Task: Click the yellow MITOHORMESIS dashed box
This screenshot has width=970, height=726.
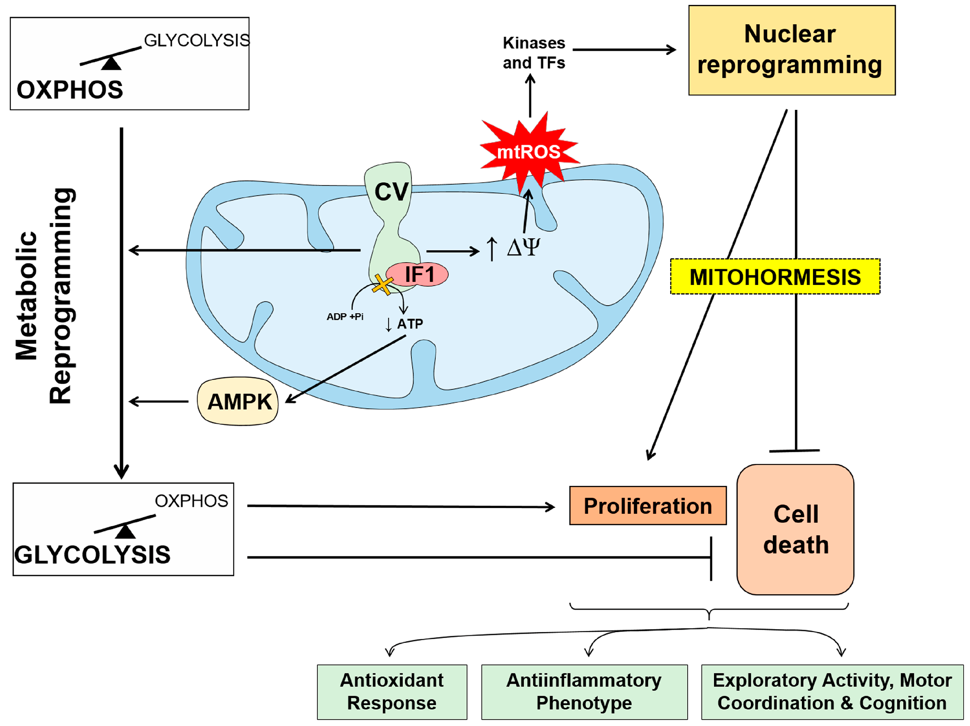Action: click(775, 277)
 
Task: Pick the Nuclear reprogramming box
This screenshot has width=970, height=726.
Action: click(791, 50)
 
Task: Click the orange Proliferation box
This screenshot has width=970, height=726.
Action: click(647, 505)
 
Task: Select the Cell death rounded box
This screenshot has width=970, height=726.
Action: click(795, 529)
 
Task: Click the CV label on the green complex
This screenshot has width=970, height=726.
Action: click(391, 192)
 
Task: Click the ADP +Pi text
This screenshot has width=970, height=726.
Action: click(345, 317)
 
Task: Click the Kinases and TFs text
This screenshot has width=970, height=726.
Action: click(534, 53)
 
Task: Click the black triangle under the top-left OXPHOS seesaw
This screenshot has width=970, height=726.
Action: click(111, 64)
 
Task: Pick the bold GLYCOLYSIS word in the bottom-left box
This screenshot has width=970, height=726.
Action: click(92, 555)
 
